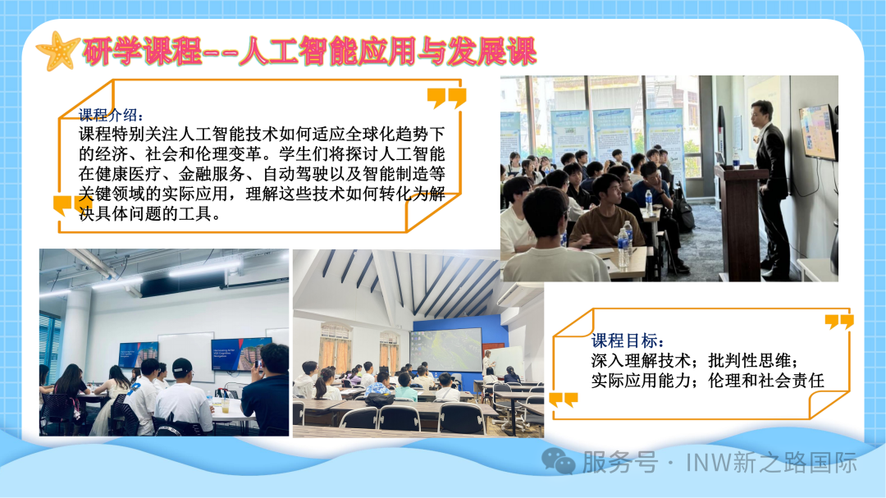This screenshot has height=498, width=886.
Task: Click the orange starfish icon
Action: coord(57,52)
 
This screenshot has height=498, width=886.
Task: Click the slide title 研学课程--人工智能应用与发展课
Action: coord(309,52)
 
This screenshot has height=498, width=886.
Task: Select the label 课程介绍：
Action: coord(111,115)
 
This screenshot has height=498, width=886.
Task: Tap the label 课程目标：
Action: coord(628,340)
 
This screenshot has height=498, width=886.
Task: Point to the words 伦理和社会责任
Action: coord(766,381)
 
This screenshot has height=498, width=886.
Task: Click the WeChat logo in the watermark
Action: coord(559,461)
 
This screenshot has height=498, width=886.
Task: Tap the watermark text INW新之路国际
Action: coord(771,463)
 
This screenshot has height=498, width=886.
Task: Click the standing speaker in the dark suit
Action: coord(770,186)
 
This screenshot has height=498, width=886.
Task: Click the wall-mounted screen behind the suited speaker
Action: coord(818,132)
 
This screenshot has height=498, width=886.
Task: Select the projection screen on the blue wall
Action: coord(446,350)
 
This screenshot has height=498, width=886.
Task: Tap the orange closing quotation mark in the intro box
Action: coord(447,98)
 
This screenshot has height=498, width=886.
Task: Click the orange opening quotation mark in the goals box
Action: coord(564,400)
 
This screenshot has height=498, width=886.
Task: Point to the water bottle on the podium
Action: coord(736,159)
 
